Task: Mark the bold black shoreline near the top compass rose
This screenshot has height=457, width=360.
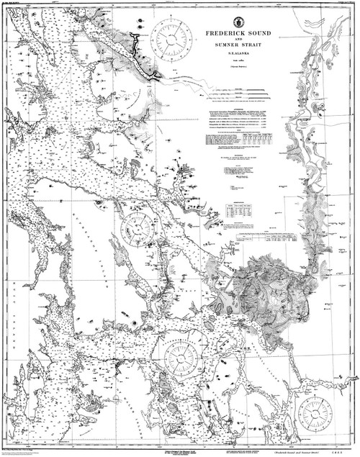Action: (148, 58)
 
